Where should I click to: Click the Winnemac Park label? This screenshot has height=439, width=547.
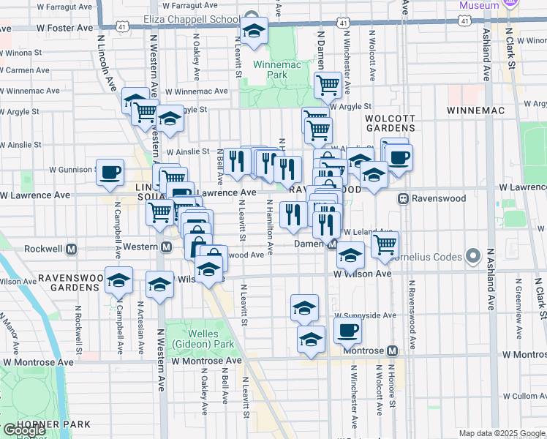coord(270,70)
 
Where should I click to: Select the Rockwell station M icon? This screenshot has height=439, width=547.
coord(72,249)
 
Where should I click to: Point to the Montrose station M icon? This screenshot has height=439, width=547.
coord(393,351)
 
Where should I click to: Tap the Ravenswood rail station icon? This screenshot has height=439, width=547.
coord(402,198)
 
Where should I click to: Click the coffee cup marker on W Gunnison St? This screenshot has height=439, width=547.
coord(110,172)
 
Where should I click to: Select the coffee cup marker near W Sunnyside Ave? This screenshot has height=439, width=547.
coord(348,329)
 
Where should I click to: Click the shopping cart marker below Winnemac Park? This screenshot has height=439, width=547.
coord(328,85)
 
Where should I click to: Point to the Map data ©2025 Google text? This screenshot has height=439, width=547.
coord(501,433)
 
